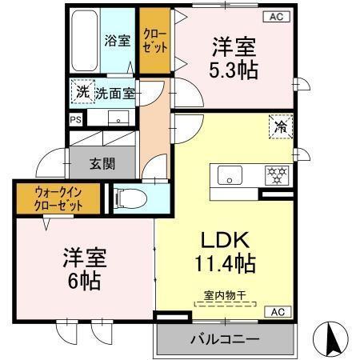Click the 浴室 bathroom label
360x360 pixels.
click(118, 41)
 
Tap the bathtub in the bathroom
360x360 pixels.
click(84, 41)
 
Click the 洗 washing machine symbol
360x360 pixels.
click(82, 92)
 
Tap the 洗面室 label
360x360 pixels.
click(115, 93)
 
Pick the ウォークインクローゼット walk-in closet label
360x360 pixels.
click(58, 198)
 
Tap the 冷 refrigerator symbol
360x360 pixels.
click(281, 126)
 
